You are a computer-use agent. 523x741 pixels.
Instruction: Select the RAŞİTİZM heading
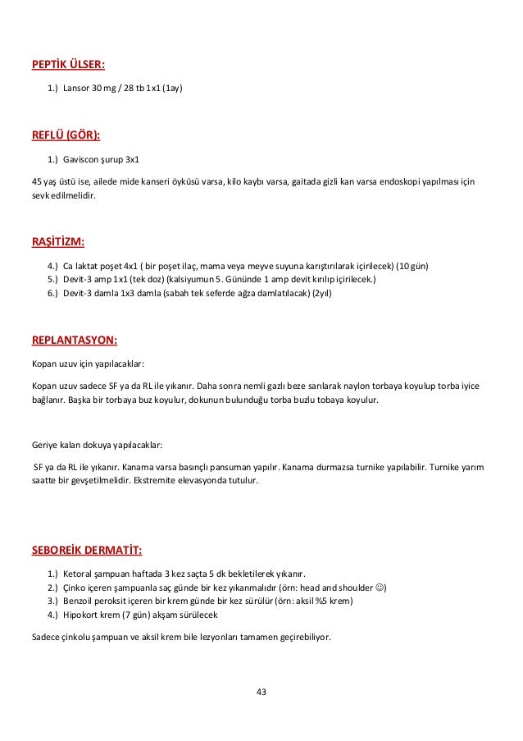click(57, 242)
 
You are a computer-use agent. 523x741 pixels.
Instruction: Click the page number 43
click(261, 692)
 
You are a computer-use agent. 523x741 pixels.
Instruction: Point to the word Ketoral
click(78, 573)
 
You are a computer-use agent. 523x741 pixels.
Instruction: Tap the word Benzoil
click(80, 601)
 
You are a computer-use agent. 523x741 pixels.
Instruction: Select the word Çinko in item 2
click(76, 587)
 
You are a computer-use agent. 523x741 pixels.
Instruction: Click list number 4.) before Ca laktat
click(53, 267)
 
